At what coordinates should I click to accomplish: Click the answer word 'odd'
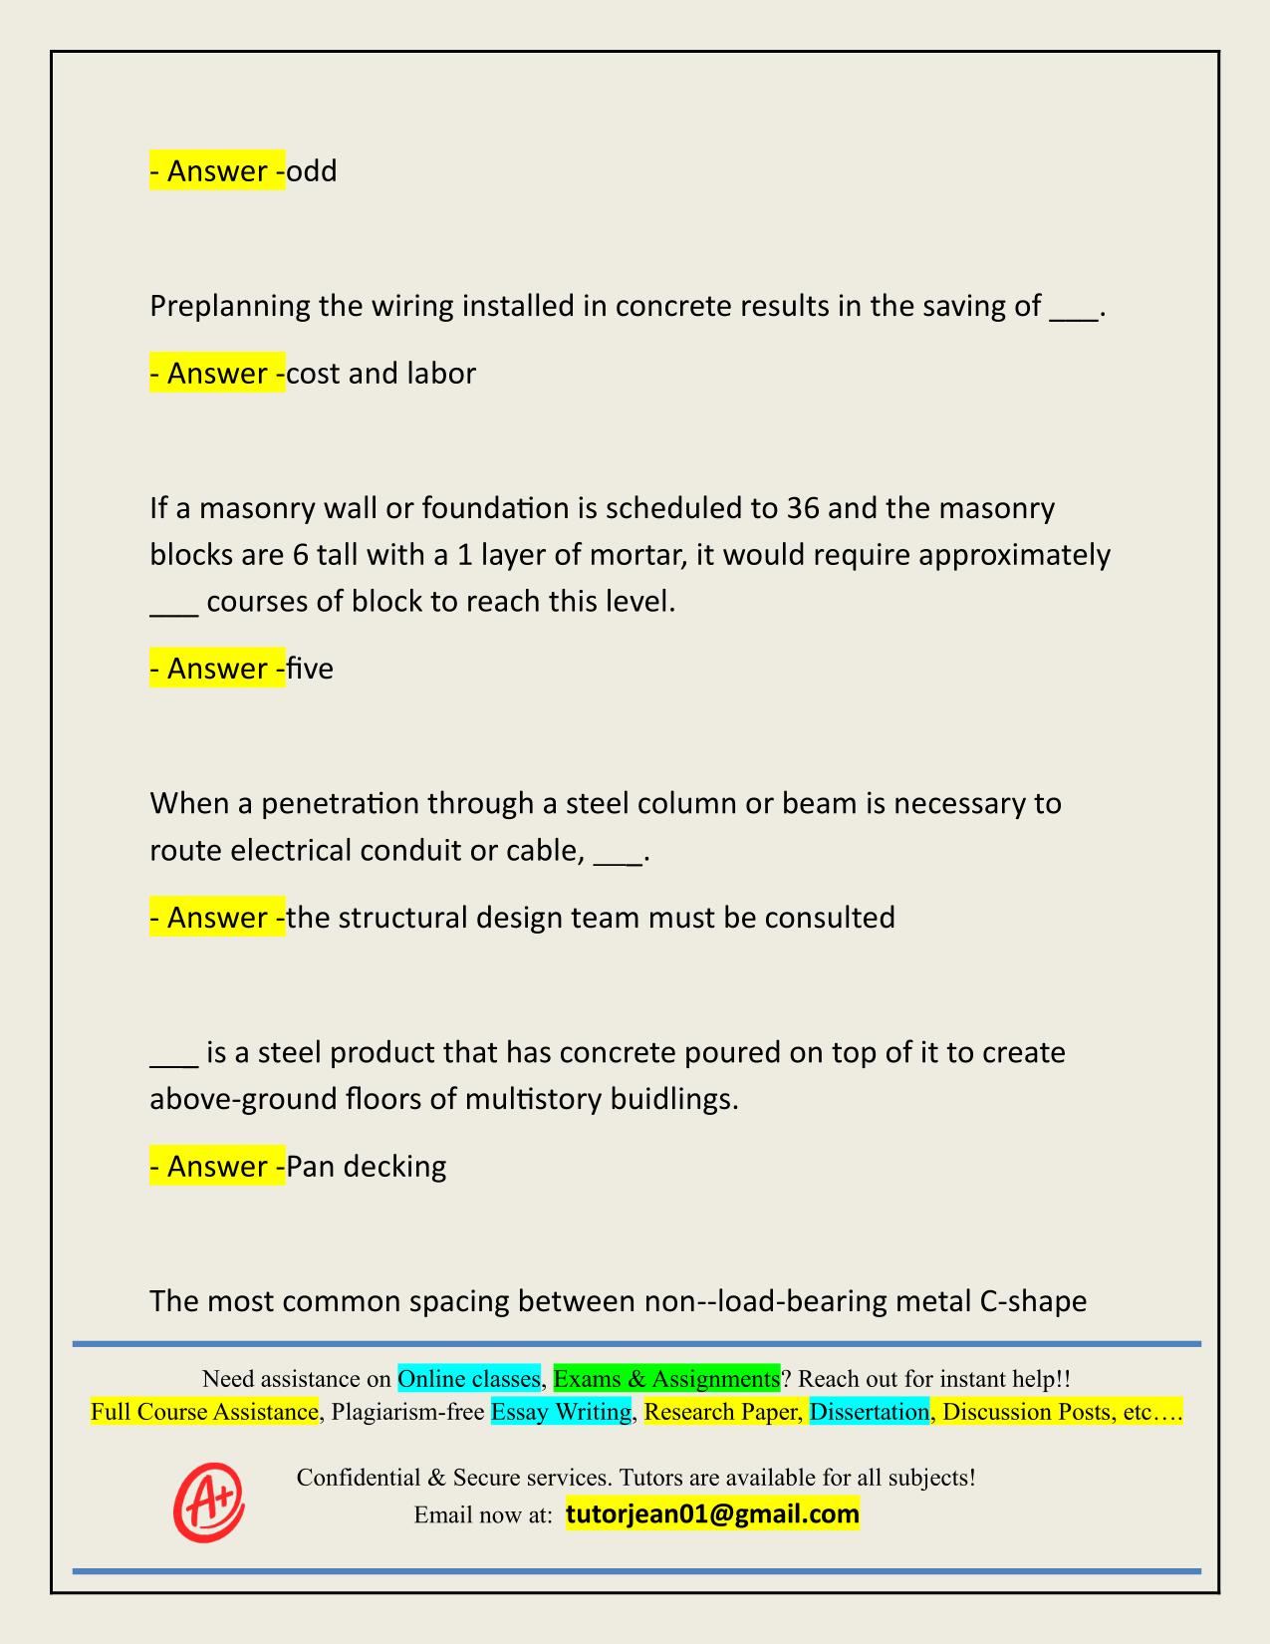pos(312,171)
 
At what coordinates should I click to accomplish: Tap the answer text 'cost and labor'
pos(381,374)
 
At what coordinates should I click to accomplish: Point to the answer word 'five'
pos(310,668)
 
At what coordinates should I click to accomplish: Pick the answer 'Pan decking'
pos(366,1166)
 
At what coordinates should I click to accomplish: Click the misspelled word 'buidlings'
pos(673,1099)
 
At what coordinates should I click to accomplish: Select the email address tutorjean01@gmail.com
pos(712,1514)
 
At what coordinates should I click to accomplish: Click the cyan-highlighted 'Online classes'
pos(468,1379)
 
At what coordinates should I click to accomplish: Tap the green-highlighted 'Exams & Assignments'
pos(666,1379)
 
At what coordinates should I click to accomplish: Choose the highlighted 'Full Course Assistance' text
pos(204,1412)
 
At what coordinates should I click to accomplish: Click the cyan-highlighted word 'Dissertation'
pos(870,1412)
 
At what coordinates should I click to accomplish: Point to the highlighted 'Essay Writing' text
pos(561,1412)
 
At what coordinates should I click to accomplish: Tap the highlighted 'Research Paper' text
pos(723,1412)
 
